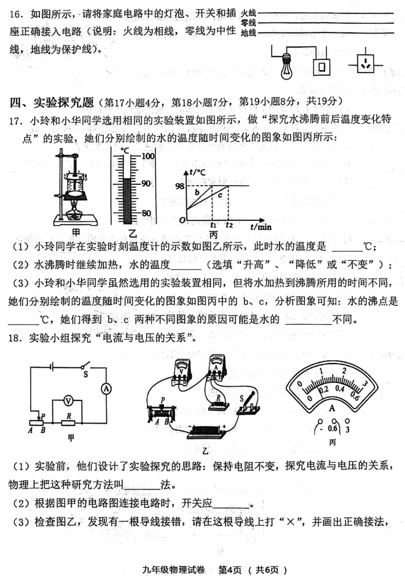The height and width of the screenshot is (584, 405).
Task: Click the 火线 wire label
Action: click(248, 13)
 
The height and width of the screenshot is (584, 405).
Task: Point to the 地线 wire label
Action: click(248, 33)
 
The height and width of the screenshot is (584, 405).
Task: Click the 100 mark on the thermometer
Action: click(148, 156)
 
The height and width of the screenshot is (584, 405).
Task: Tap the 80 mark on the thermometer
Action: click(146, 213)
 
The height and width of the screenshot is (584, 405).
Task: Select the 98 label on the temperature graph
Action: click(180, 186)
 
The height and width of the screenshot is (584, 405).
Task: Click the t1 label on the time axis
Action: click(213, 225)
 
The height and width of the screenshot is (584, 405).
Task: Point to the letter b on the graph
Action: click(197, 192)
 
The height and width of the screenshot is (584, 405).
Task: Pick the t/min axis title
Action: click(261, 226)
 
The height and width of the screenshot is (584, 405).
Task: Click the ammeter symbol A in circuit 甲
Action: click(106, 389)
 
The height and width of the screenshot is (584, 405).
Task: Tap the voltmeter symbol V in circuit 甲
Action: click(68, 401)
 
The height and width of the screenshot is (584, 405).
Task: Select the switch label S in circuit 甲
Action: click(85, 375)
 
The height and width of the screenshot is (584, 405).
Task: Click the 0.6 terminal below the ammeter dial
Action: click(332, 428)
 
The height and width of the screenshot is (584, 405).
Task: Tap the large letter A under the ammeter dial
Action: click(332, 408)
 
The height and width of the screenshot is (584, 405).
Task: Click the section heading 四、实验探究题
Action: click(51, 102)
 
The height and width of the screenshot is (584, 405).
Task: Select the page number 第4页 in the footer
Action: click(230, 570)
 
